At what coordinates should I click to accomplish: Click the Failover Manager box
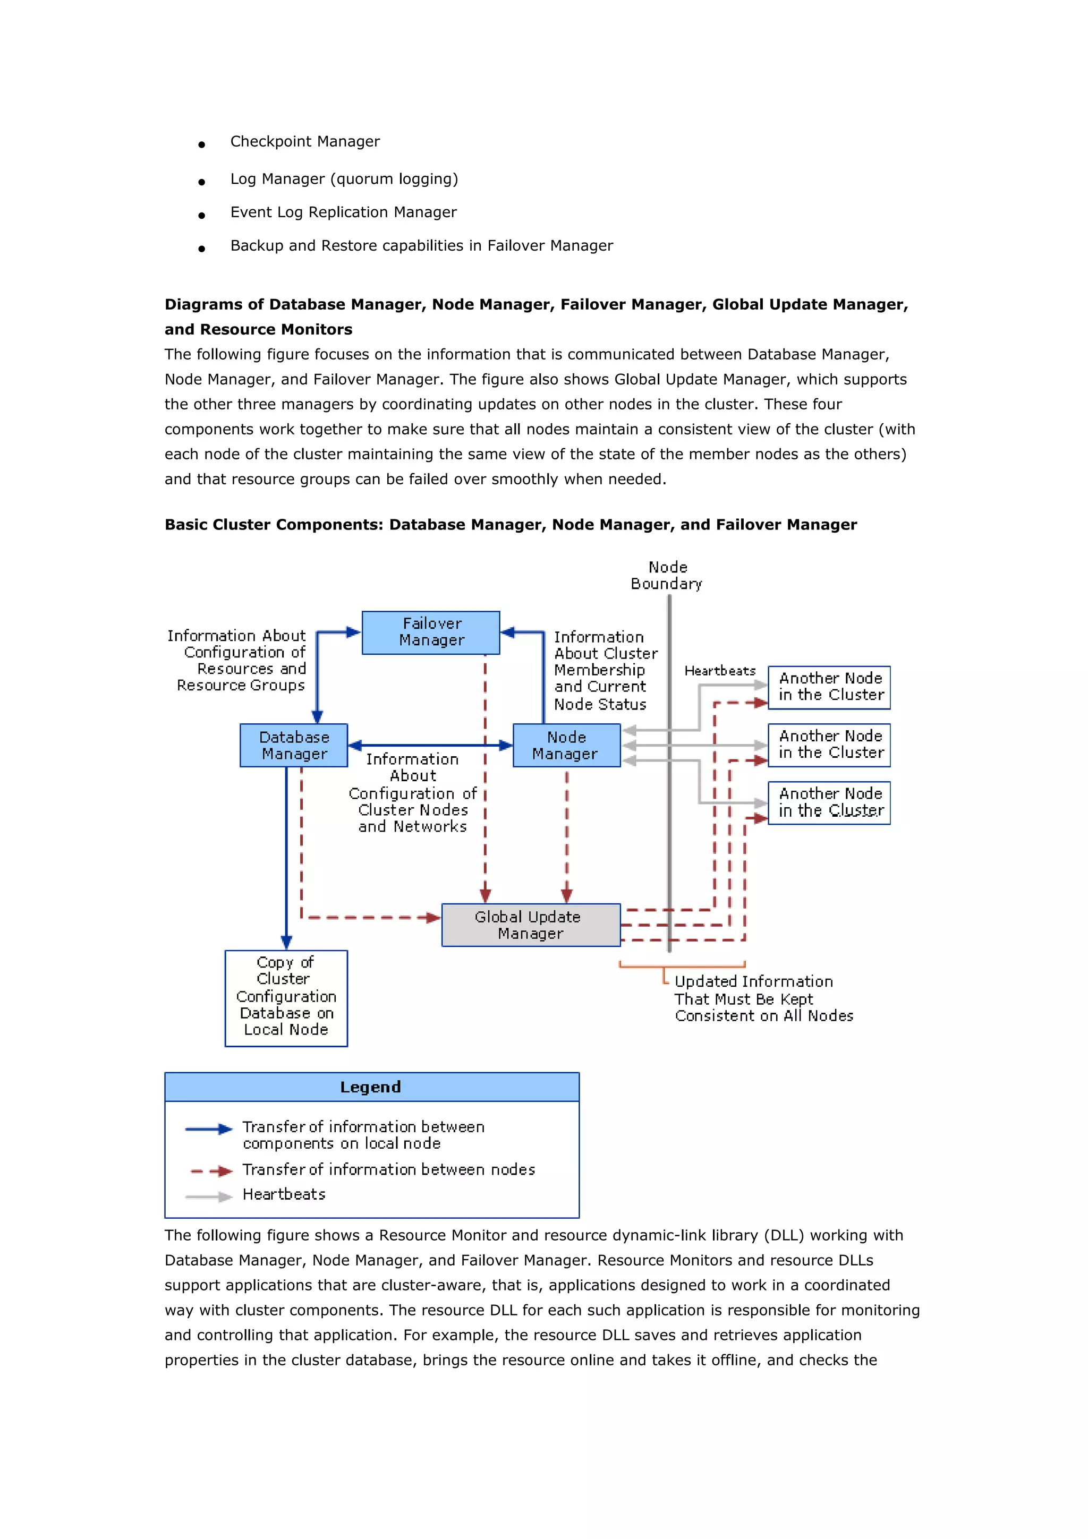click(x=430, y=632)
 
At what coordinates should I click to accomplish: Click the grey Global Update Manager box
click(x=530, y=925)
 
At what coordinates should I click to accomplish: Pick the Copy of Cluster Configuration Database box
click(x=286, y=997)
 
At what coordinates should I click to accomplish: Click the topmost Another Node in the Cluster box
click(x=829, y=687)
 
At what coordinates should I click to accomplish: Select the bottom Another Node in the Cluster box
click(x=829, y=802)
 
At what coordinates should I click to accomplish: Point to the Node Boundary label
click(x=667, y=575)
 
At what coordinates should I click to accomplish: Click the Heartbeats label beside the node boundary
click(x=719, y=670)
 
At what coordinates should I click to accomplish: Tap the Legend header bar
click(x=371, y=1087)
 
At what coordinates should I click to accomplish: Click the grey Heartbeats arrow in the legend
click(x=208, y=1196)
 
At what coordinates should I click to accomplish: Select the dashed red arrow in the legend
click(x=210, y=1171)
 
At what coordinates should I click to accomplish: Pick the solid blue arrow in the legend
click(x=208, y=1129)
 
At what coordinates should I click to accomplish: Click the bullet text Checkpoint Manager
click(x=305, y=141)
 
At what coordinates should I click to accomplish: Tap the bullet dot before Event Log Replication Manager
click(x=201, y=215)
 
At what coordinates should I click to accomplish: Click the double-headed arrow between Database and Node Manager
click(x=430, y=745)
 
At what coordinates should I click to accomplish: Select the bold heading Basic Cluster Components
click(x=510, y=524)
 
